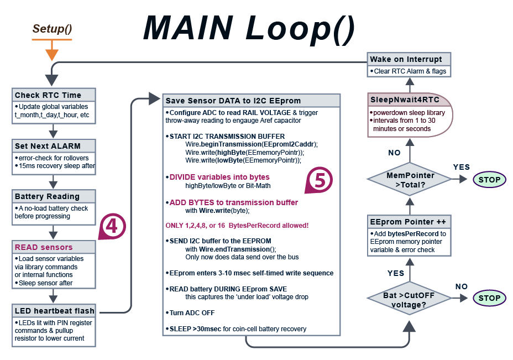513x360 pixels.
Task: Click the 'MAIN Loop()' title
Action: [x=249, y=28]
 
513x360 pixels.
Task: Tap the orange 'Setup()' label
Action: [x=53, y=29]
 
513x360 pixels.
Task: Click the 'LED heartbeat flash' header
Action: [x=54, y=311]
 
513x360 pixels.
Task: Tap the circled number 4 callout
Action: [x=112, y=227]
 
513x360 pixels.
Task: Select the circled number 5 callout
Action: [x=319, y=180]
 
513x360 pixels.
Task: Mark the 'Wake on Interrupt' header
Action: [x=409, y=59]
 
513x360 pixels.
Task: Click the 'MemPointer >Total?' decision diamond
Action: [x=410, y=179]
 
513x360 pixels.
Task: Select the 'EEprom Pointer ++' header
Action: [x=410, y=222]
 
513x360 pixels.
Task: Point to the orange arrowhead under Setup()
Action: [x=52, y=54]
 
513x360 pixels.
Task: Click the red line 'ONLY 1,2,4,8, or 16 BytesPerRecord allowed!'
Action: [x=237, y=226]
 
